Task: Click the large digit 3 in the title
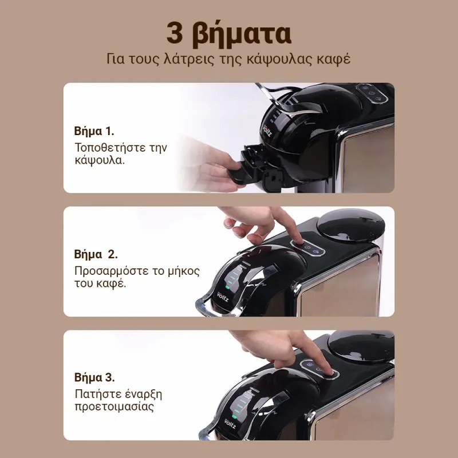point(175,33)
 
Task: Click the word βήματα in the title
point(242,35)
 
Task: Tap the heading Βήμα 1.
point(94,131)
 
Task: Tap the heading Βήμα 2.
point(96,254)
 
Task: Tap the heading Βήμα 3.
point(94,377)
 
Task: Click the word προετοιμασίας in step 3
point(114,407)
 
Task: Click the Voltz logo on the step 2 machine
point(223,296)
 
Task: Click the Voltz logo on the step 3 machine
point(230,424)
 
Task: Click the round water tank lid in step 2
point(350,225)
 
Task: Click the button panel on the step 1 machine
point(372,93)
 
